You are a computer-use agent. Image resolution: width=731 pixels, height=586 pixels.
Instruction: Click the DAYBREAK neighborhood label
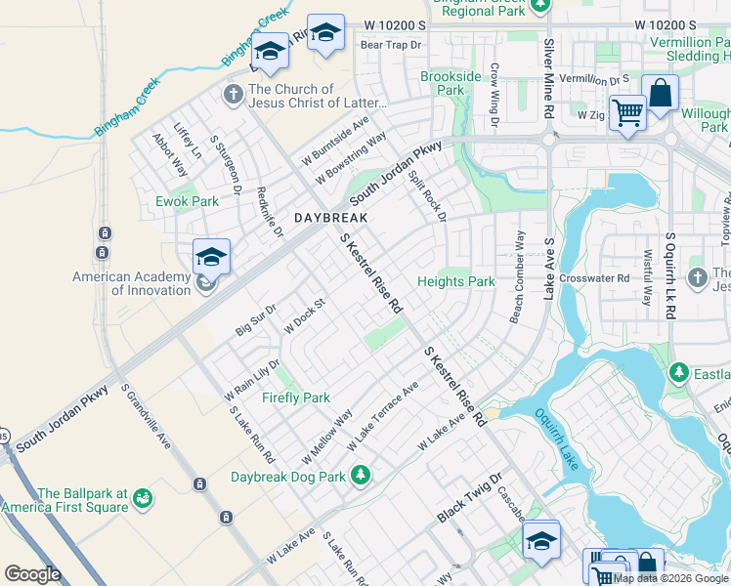[x=331, y=218]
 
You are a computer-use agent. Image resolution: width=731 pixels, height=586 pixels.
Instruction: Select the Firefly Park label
[x=295, y=398]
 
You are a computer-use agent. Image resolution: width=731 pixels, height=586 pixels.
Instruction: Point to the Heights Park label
[x=455, y=281]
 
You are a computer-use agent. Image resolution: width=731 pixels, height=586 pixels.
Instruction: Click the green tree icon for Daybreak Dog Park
[x=362, y=476]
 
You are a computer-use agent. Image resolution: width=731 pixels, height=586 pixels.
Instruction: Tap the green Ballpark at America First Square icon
[x=143, y=499]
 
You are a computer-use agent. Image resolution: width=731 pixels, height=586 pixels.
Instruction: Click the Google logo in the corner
[x=32, y=574]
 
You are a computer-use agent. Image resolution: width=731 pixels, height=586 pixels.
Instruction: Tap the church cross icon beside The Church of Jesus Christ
[x=233, y=95]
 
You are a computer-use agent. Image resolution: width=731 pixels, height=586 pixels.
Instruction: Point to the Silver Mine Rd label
[x=548, y=79]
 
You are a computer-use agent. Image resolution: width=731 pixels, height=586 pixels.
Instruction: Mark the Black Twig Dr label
[x=468, y=497]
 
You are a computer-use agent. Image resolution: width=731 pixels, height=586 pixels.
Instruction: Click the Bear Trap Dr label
[x=390, y=45]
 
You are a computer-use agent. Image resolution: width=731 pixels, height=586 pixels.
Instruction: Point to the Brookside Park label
[x=451, y=83]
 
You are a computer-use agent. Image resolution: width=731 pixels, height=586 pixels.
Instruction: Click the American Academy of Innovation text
[x=131, y=283]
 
